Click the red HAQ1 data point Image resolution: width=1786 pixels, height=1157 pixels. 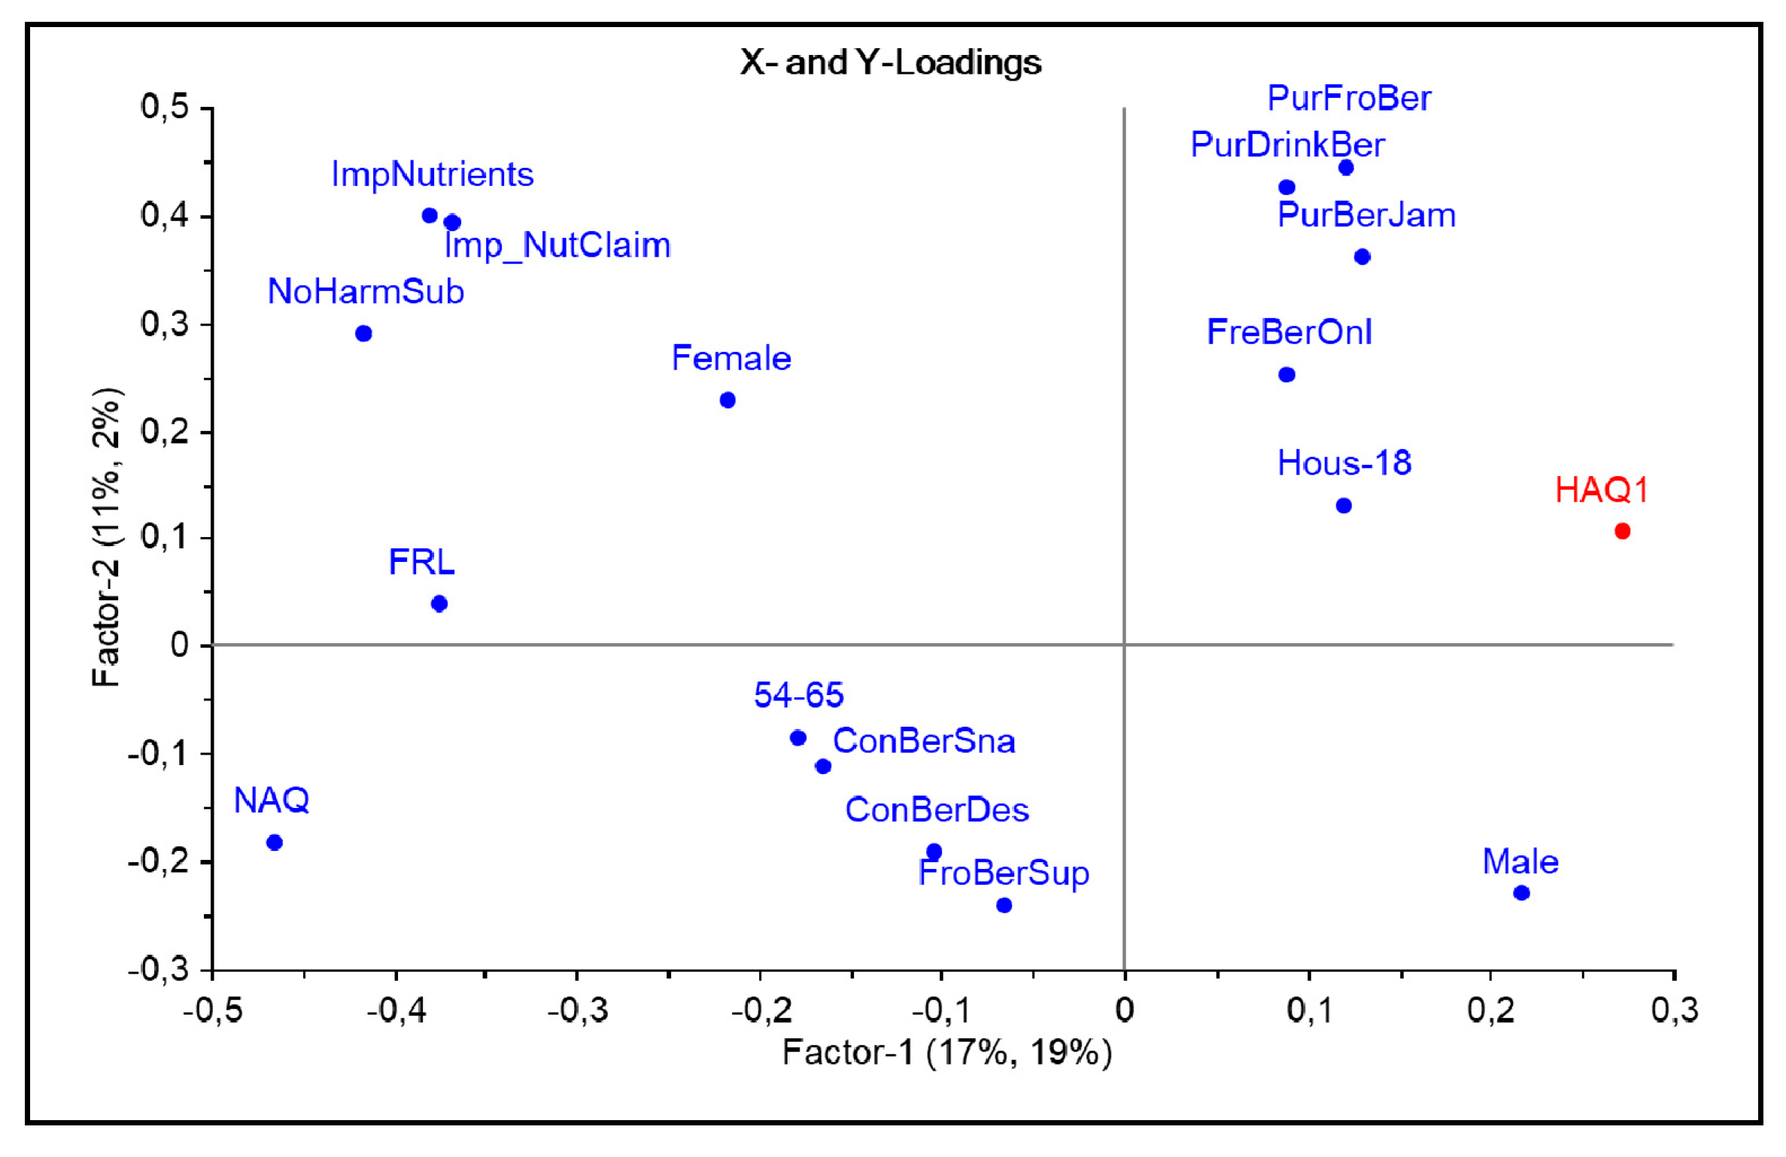pos(1622,531)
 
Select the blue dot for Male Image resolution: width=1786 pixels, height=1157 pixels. pos(1521,893)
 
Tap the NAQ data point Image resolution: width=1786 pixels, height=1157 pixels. pos(275,843)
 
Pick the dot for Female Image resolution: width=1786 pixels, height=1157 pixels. pos(727,400)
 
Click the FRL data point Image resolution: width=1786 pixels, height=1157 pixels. pos(439,603)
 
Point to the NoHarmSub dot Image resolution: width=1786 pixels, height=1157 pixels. pos(363,333)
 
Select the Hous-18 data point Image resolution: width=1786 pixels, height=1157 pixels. pos(1344,506)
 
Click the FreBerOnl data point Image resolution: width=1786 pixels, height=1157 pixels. pos(1286,375)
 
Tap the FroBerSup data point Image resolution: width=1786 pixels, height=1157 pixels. pos(1004,905)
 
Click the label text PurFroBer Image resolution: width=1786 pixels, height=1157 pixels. pos(1349,99)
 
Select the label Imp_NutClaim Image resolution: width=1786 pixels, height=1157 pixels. pos(557,246)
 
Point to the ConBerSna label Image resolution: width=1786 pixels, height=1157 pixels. pos(924,741)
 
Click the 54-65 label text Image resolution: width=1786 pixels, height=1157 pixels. pos(798,695)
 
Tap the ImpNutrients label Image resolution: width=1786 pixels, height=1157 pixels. pos(433,175)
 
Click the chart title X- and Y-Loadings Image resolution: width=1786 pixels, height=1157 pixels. pos(891,62)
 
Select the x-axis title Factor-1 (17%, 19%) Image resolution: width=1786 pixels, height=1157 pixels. pos(946,1052)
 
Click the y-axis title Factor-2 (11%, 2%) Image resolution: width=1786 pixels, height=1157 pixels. pos(106,537)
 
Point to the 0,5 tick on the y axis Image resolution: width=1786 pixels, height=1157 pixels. pos(165,108)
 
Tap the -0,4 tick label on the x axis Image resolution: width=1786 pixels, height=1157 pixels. pos(396,1010)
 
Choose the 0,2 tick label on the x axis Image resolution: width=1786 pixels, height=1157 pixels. pos(1490,1010)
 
